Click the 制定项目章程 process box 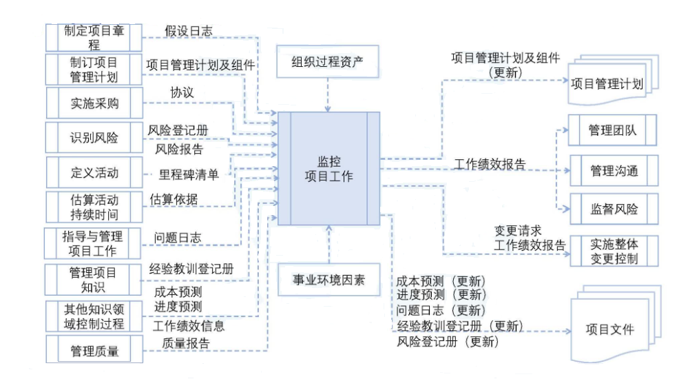94,37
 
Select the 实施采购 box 94,103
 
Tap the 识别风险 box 94,137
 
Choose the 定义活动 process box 94,172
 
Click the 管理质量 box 94,351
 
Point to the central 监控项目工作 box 328,168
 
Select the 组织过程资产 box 328,62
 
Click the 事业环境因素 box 328,280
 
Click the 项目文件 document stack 609,329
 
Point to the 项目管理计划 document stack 607,84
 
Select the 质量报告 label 186,342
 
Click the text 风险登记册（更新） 448,341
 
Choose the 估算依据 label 174,199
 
